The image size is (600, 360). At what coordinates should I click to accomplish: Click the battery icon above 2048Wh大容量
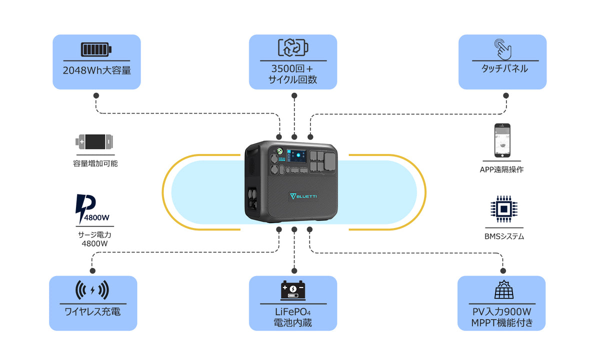[96, 49]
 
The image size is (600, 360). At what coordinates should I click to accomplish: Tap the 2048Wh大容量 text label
[97, 70]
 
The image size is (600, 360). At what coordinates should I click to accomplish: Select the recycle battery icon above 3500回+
[293, 47]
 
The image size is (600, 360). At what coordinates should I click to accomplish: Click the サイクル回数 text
[293, 80]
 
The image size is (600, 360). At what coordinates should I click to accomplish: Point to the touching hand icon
[502, 49]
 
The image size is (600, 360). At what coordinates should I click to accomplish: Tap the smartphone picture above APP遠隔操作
[502, 140]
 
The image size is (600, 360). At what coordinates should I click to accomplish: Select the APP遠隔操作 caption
[502, 169]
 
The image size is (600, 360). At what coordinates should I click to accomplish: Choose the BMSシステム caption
[502, 236]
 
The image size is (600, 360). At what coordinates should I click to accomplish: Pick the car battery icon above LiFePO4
[293, 290]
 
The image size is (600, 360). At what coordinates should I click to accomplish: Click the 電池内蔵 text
[293, 323]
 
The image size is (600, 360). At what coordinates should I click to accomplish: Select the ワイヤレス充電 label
[92, 312]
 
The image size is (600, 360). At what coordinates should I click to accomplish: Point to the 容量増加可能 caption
[95, 163]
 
